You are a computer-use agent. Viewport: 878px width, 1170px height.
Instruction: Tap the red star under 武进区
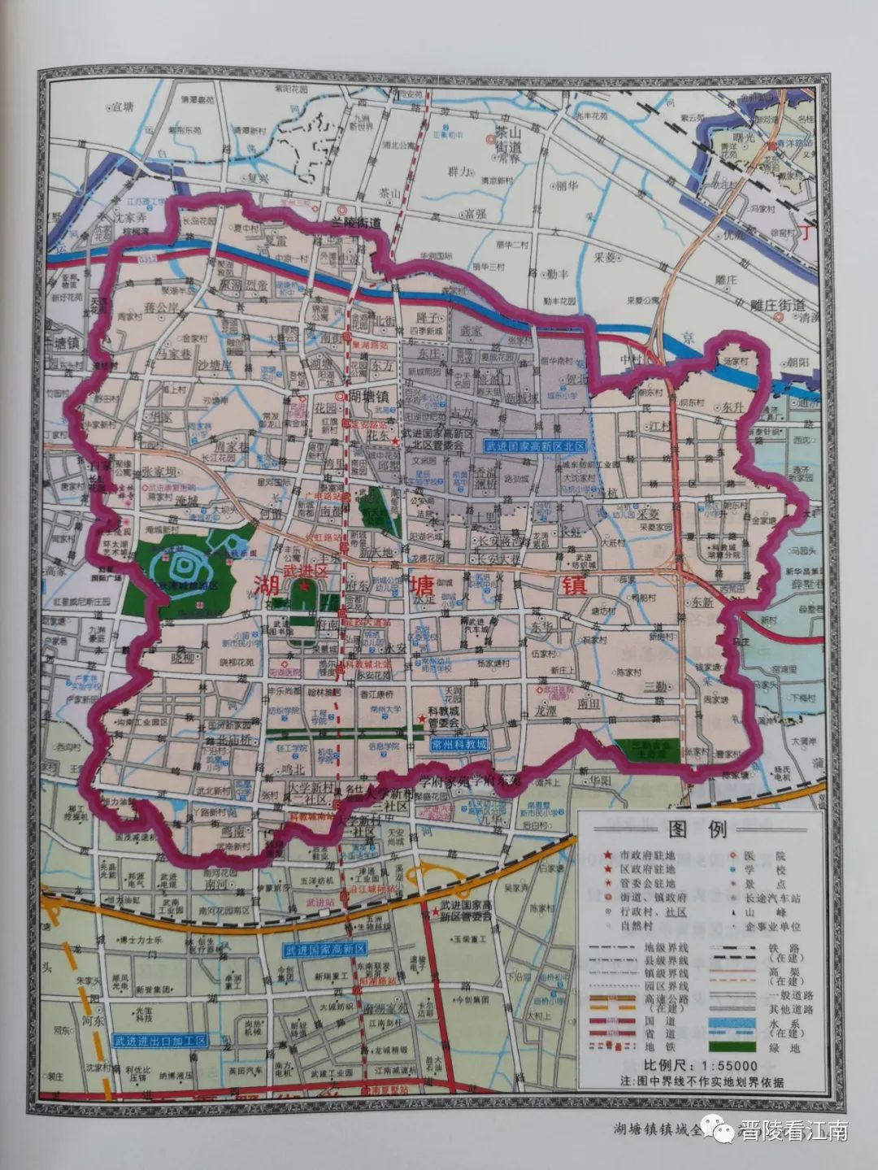coord(304,586)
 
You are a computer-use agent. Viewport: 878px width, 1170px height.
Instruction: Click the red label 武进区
coord(304,572)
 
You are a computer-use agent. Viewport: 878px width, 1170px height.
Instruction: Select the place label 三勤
coord(655,685)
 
